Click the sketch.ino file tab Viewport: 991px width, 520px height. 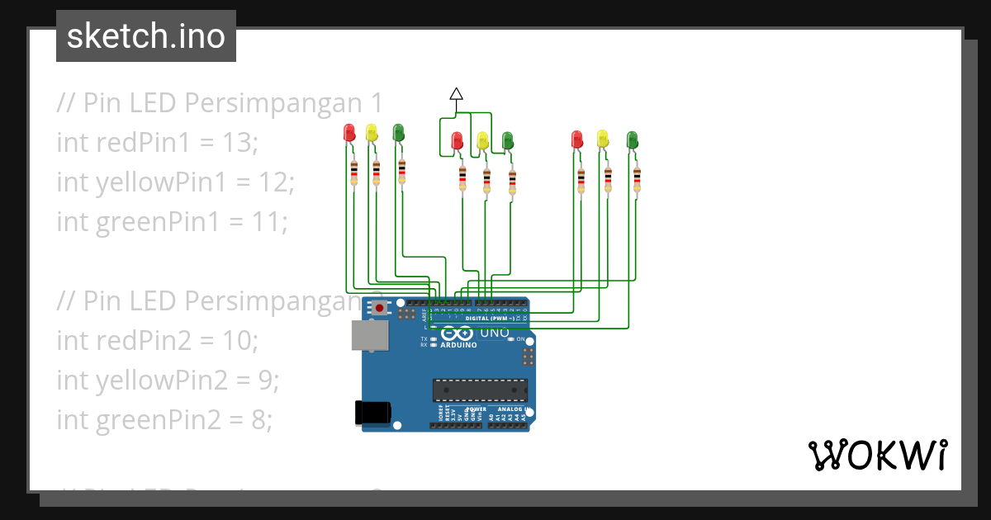click(x=146, y=36)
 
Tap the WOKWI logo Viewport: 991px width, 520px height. click(x=876, y=455)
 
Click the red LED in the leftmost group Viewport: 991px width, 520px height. click(x=349, y=132)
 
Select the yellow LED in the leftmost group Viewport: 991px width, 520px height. click(x=372, y=132)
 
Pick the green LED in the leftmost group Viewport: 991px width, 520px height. click(x=398, y=132)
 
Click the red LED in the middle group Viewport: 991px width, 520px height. click(x=457, y=140)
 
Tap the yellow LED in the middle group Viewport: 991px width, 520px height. click(x=482, y=140)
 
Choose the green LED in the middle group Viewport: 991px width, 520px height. click(x=508, y=140)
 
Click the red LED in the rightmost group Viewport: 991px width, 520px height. click(x=577, y=139)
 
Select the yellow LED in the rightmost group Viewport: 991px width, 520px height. click(x=603, y=138)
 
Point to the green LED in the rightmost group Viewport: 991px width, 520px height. click(x=632, y=139)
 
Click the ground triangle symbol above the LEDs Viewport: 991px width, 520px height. click(x=456, y=93)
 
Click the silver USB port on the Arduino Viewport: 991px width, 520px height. click(x=370, y=335)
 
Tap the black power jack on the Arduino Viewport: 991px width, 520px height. click(x=371, y=412)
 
